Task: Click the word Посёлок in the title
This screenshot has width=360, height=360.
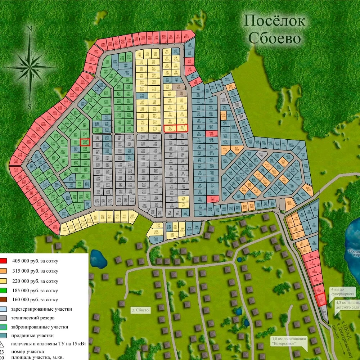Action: coord(274,21)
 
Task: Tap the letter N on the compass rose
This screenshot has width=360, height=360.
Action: coord(31,29)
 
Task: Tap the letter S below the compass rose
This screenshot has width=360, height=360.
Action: coord(30,107)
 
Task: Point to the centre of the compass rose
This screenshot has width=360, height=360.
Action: coord(30,66)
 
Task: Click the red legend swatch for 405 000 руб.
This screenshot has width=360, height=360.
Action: coord(3,261)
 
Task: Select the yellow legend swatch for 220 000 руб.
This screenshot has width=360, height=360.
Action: coord(3,280)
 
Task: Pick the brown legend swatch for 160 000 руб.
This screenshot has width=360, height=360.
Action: coord(3,300)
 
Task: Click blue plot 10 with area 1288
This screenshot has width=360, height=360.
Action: coord(314,244)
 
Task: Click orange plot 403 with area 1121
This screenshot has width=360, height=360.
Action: coord(289,204)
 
